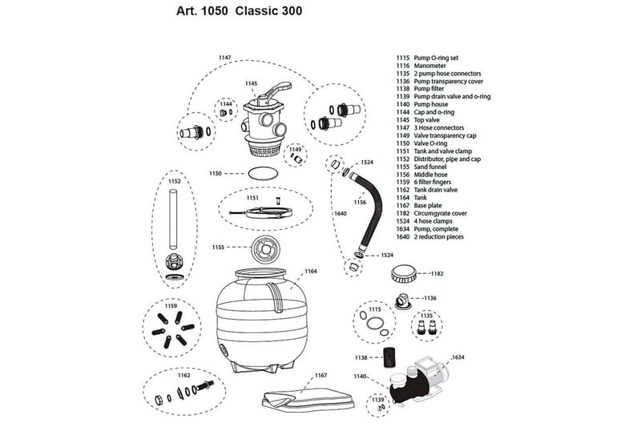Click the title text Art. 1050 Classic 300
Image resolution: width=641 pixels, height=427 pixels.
pyautogui.click(x=237, y=13)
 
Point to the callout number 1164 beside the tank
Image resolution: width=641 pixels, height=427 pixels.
pyautogui.click(x=310, y=272)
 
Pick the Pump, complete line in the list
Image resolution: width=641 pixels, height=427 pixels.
pyautogui.click(x=436, y=229)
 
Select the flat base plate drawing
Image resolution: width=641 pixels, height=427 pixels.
pyautogui.click(x=309, y=400)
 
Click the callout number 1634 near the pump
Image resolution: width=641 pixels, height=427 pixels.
pyautogui.click(x=458, y=356)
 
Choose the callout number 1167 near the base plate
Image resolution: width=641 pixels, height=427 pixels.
pyautogui.click(x=320, y=375)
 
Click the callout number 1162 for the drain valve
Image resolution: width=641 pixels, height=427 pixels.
pyautogui.click(x=184, y=375)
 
